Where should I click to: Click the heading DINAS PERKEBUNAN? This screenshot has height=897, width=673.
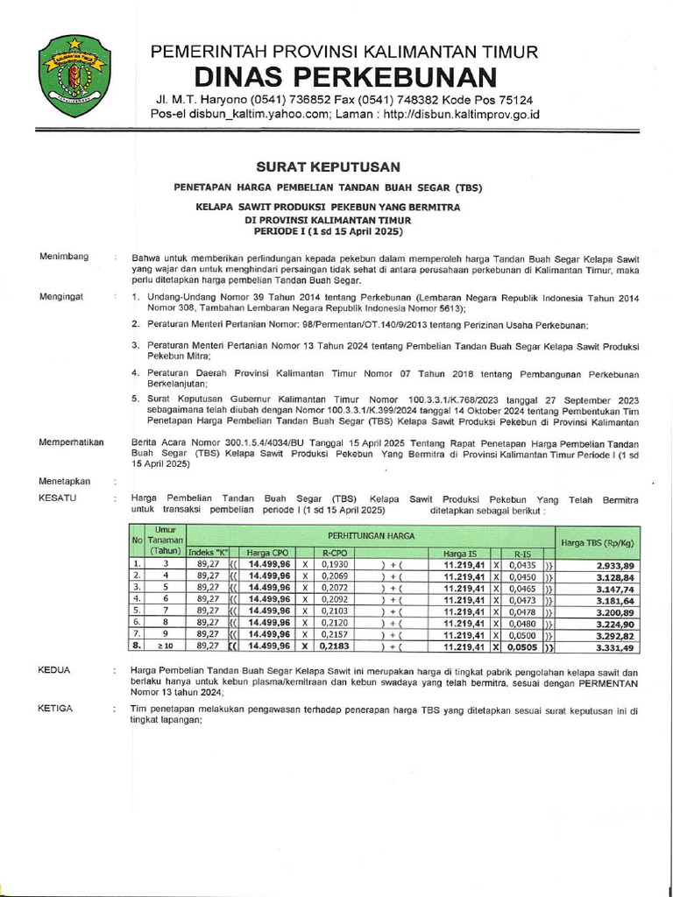[x=344, y=76]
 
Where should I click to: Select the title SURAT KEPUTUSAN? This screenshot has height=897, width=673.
[x=328, y=166]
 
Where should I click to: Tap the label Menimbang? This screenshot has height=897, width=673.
[x=64, y=256]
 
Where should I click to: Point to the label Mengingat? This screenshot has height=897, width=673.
[x=61, y=297]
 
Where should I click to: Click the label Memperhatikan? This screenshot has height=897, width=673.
[x=72, y=442]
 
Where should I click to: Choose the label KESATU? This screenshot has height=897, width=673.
[x=58, y=497]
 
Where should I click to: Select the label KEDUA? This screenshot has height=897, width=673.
[x=54, y=669]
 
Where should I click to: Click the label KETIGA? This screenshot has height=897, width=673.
[x=56, y=708]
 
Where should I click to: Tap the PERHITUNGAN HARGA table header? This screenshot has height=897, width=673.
[x=371, y=534]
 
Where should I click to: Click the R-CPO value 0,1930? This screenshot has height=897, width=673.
[x=336, y=565]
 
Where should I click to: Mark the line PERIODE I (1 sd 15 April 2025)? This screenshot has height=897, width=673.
[x=328, y=231]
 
